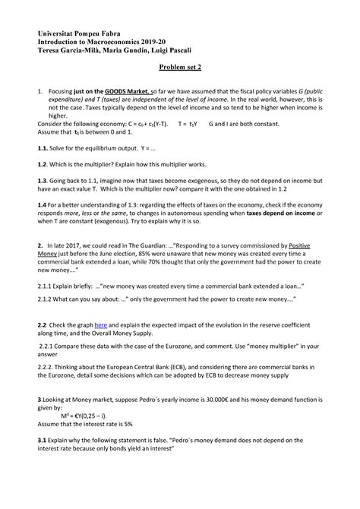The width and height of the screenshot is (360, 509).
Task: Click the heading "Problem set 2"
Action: tap(179, 67)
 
